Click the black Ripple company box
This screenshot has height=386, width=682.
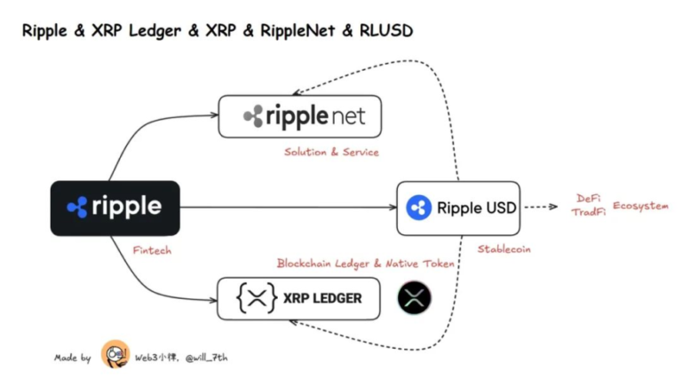click(115, 208)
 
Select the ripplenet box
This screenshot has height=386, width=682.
click(299, 115)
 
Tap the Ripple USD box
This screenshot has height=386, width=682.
click(458, 208)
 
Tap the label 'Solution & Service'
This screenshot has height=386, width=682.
click(331, 152)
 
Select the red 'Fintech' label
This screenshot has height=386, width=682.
click(150, 251)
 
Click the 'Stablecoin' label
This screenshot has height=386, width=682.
click(504, 249)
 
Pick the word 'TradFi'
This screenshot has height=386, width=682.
click(589, 213)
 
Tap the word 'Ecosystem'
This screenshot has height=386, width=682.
click(640, 206)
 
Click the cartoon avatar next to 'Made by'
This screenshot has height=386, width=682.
click(115, 355)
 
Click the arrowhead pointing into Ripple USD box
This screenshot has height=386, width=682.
click(392, 208)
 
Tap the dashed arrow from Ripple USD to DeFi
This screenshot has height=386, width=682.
click(541, 208)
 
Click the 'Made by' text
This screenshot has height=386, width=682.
click(72, 358)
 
